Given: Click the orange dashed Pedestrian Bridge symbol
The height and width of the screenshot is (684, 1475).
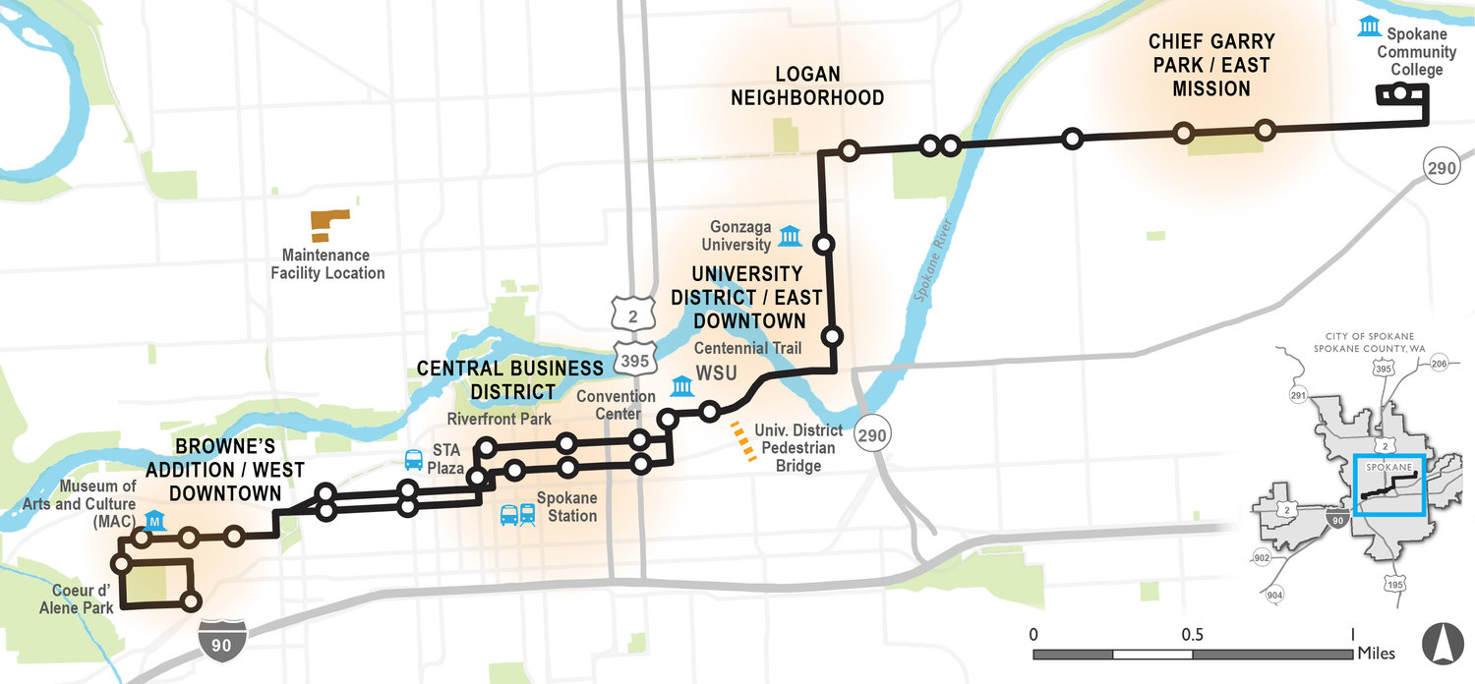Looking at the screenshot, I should [744, 441].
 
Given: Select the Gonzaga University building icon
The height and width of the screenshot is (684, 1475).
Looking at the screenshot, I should [789, 235].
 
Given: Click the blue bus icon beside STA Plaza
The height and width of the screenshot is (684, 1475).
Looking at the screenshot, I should [414, 459].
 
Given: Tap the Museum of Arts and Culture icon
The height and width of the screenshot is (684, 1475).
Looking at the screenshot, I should [153, 519].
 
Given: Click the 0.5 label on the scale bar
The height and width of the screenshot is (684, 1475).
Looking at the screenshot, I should [1192, 632].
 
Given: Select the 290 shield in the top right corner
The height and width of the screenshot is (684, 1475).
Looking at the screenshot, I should [1442, 168].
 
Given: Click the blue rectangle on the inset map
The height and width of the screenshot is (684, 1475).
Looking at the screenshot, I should [1388, 484].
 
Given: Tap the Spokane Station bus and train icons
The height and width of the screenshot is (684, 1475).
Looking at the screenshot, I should [518, 514].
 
